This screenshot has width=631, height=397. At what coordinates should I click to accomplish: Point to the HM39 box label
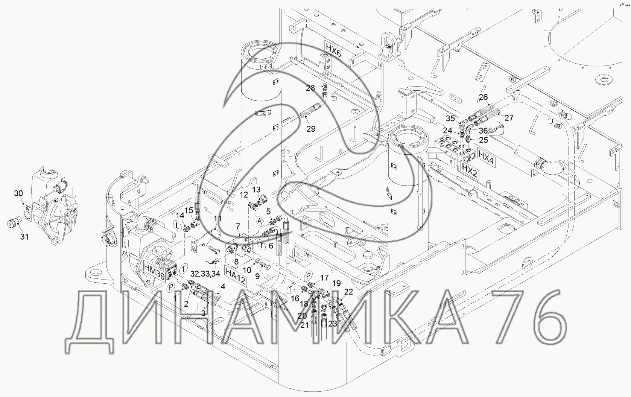coord(155,271)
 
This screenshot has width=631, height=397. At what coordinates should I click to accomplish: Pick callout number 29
coord(311,129)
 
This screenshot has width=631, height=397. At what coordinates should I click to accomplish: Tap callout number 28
coord(310,88)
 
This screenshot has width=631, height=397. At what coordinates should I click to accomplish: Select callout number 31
coord(24,237)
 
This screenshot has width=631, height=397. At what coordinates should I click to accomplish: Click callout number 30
coord(18,193)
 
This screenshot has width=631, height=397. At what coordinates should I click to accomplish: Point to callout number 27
coord(509,117)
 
